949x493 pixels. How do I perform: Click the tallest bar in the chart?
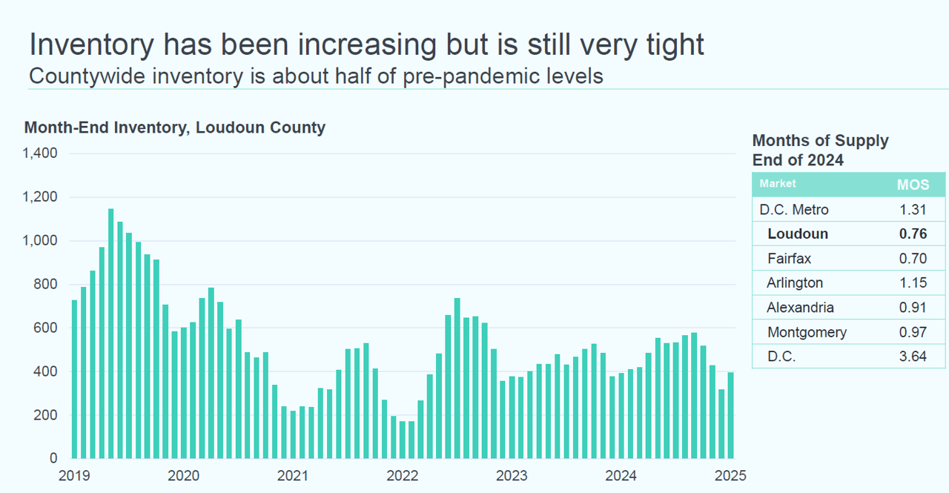(110, 334)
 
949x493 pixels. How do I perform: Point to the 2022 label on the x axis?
(403, 474)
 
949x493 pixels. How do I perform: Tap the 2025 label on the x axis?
(730, 474)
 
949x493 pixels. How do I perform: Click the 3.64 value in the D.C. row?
(912, 357)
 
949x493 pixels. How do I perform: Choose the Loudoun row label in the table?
(798, 234)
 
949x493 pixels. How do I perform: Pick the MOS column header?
(913, 185)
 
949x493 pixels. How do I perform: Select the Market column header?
(778, 184)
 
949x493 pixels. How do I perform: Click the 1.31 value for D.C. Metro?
(912, 210)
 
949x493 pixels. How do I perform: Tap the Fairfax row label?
(790, 259)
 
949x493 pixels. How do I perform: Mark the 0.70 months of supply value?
(912, 259)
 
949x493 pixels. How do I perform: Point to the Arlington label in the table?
(795, 283)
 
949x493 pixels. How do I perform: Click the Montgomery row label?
(807, 332)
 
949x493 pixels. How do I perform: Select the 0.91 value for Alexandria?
(912, 308)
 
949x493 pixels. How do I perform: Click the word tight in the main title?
(665, 45)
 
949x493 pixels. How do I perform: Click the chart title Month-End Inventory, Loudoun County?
(175, 128)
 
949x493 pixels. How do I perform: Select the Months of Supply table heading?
(820, 141)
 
